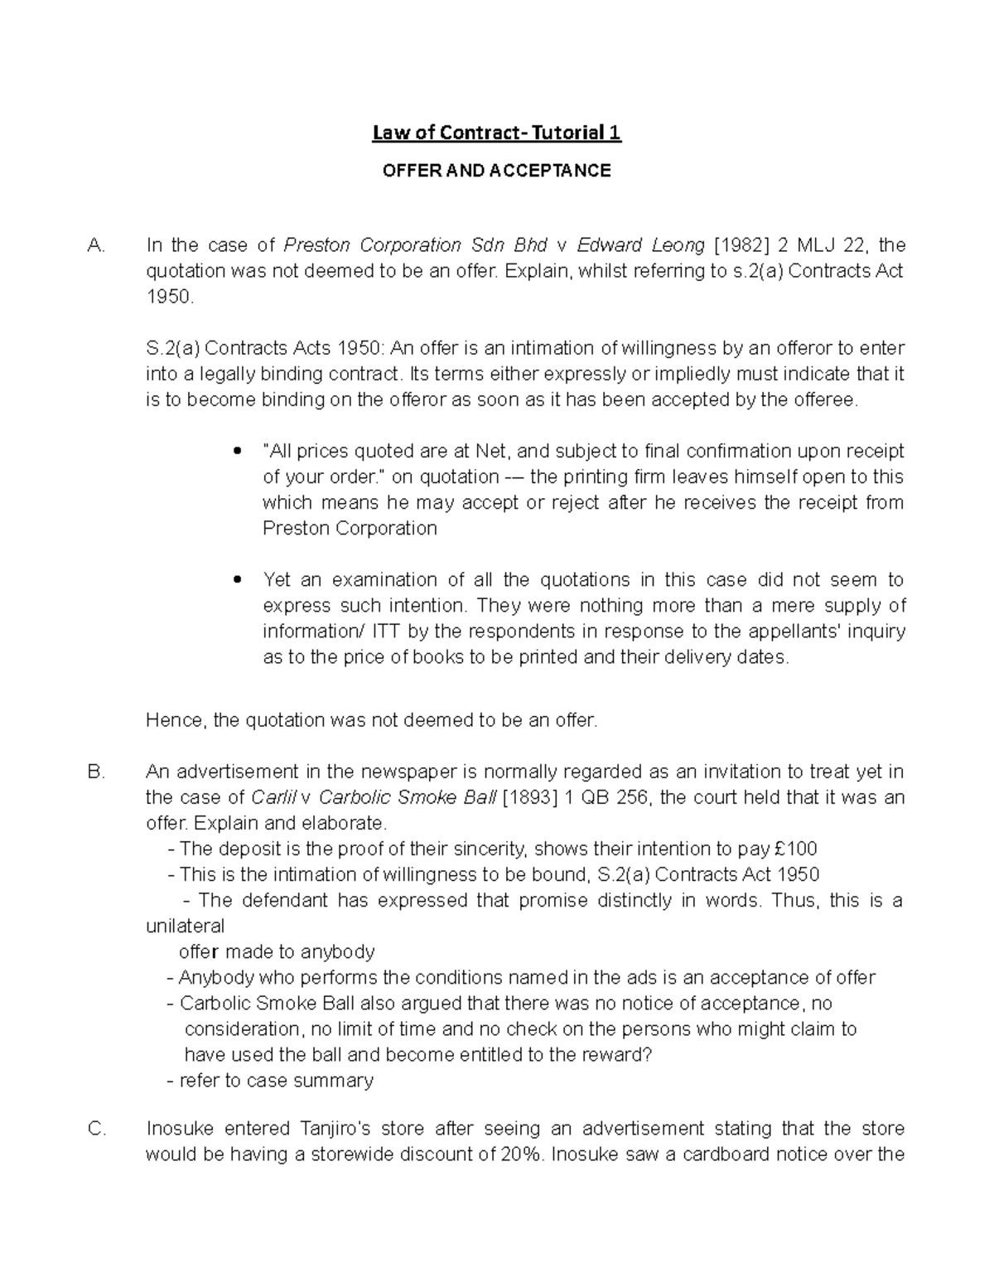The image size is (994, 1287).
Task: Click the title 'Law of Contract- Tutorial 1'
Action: pos(496,133)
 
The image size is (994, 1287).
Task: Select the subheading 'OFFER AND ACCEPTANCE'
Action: pos(496,171)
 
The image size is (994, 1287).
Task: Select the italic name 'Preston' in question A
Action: pos(316,245)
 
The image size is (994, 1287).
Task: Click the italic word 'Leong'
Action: pos(676,245)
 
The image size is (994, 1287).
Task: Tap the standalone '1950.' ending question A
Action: pos(170,297)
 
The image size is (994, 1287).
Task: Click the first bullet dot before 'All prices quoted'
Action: pos(238,452)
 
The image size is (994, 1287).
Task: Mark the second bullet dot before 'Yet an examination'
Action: pos(238,581)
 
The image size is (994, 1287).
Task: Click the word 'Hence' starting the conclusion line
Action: pos(174,721)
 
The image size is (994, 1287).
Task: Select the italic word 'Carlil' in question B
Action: pos(273,798)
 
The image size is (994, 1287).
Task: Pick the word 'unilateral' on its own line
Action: pos(185,926)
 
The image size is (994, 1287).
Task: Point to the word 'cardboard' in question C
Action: pos(726,1154)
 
